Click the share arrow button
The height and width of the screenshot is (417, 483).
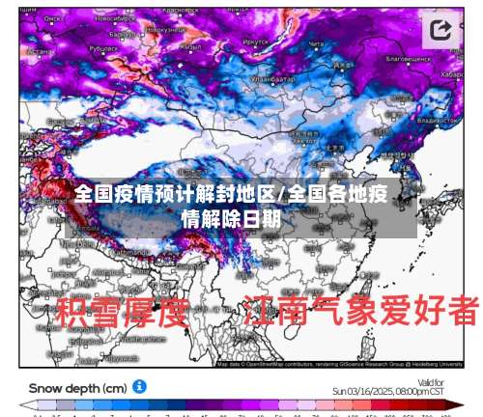point(441,30)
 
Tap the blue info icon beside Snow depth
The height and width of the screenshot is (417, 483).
point(140,386)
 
